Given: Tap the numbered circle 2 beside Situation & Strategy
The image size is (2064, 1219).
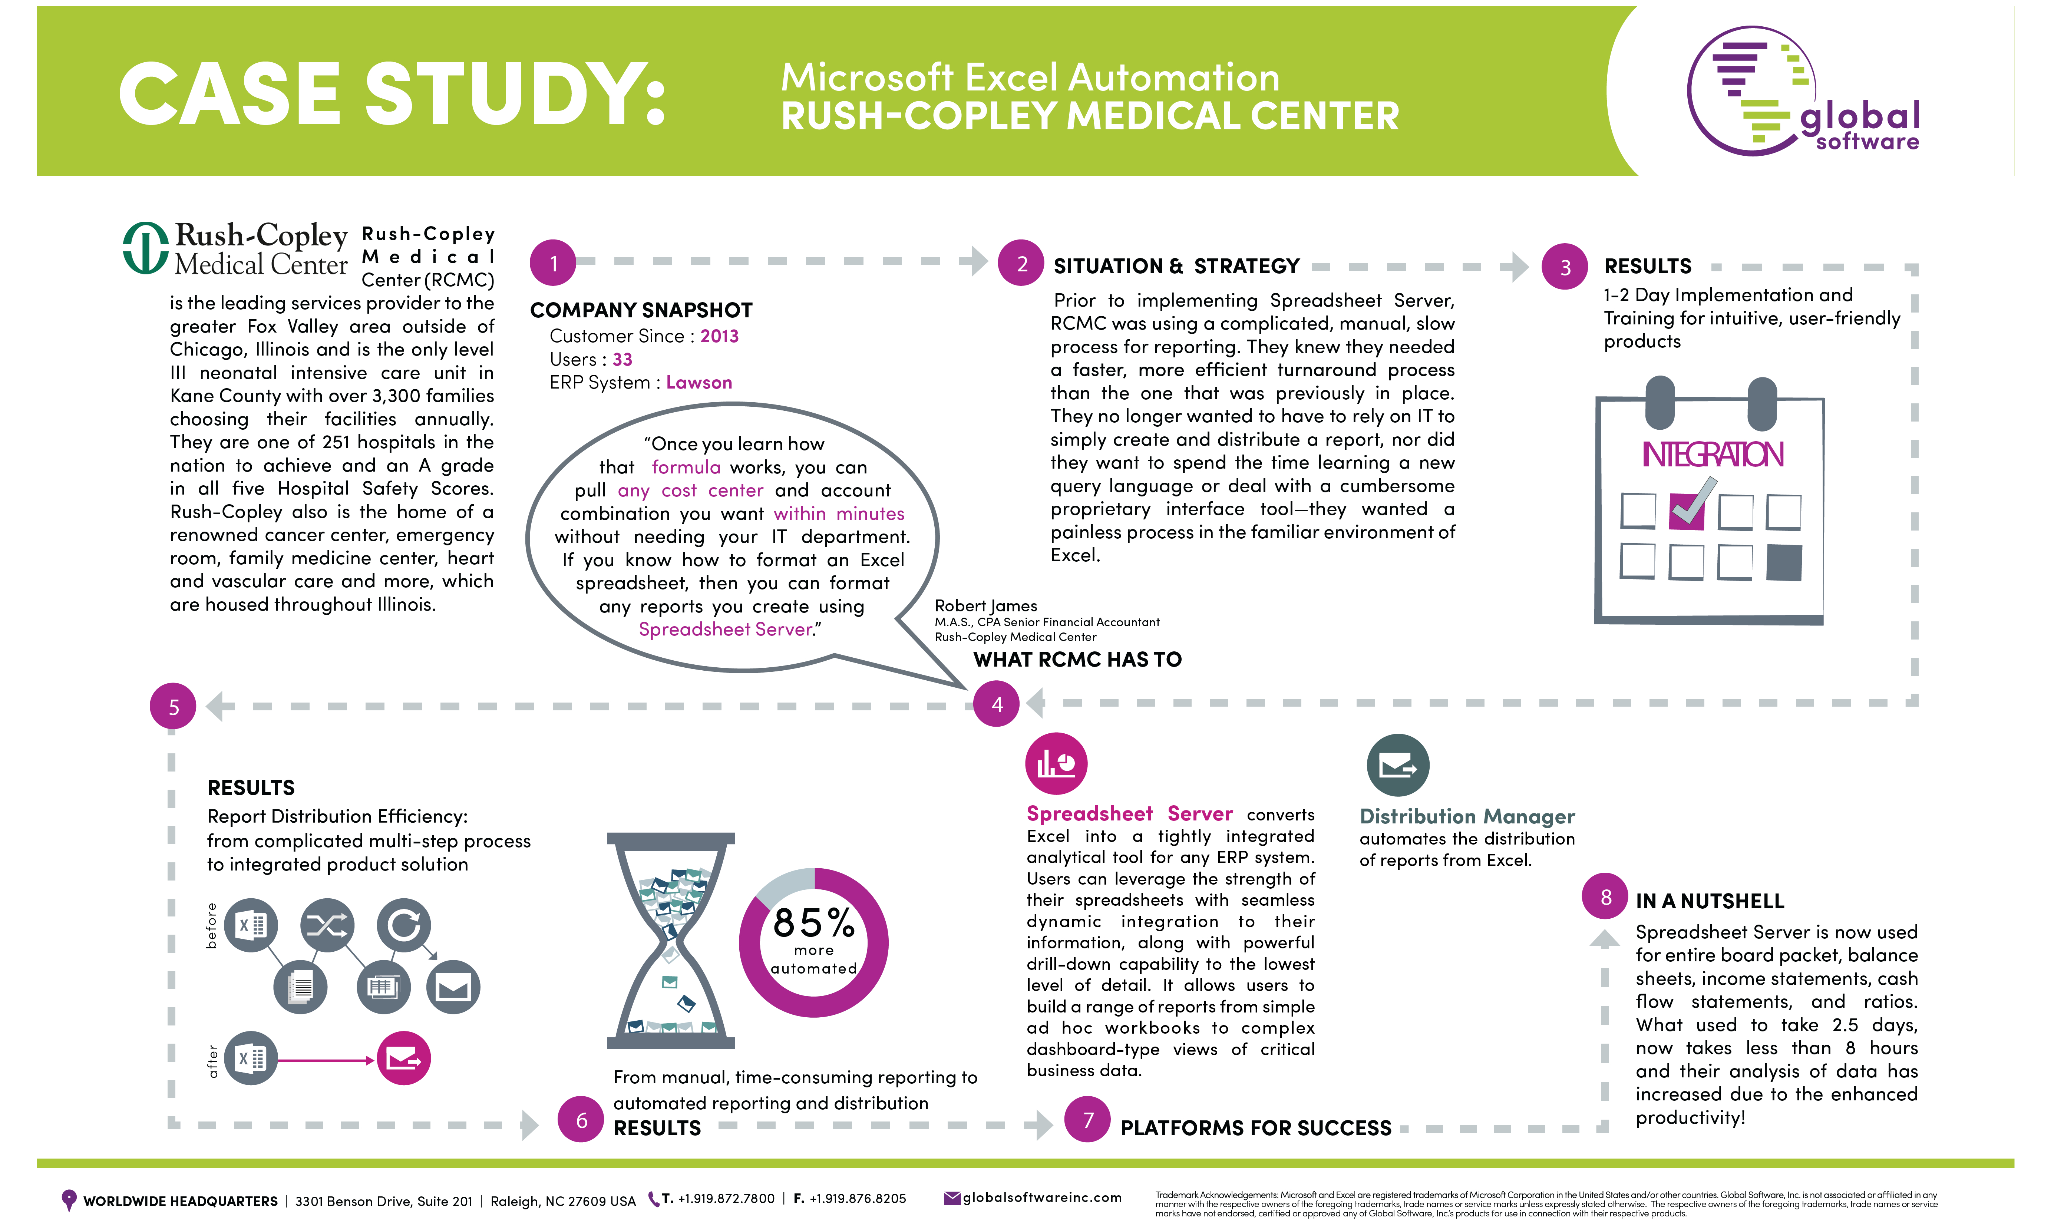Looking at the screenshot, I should point(1021,263).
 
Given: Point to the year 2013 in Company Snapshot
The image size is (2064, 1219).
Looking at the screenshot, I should point(720,336).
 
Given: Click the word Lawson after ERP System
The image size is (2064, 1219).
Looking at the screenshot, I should point(699,383).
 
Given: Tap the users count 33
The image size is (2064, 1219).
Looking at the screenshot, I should point(622,360).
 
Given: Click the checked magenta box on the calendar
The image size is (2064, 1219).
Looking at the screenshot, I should point(1687,511).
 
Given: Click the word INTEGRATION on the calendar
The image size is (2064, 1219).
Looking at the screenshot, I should point(1713,454).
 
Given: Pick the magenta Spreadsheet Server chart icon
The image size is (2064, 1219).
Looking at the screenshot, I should point(1056,764).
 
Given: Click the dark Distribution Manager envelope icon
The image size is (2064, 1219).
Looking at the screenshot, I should point(1398,765).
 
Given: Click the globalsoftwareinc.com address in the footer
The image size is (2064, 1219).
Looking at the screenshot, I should point(1041,1197).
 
